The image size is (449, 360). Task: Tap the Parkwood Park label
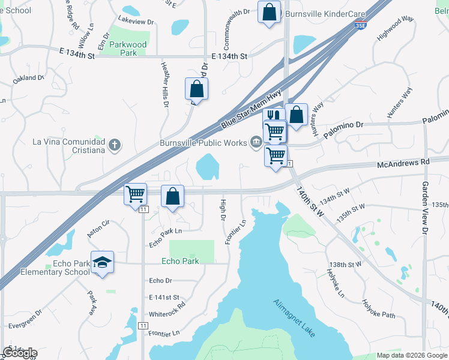coord(124,49)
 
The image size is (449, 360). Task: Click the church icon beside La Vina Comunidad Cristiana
coord(115,145)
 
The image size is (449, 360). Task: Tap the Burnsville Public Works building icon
coord(256,142)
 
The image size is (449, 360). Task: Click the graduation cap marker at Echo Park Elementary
coord(103,262)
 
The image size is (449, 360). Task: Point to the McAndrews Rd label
coord(403,163)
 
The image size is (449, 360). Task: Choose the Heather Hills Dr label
coord(164,83)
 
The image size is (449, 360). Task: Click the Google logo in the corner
coord(20,353)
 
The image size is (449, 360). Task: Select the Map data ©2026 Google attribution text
coord(411,355)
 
